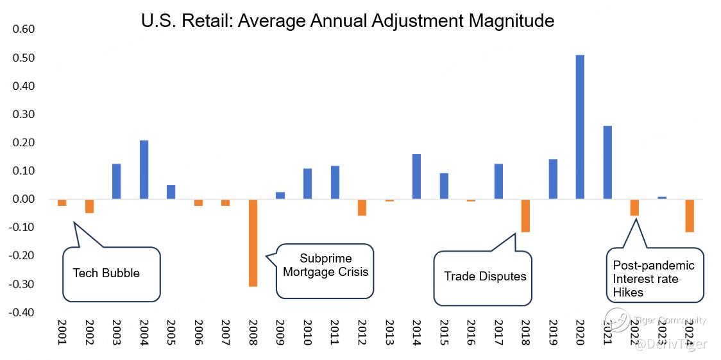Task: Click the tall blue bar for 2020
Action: click(580, 127)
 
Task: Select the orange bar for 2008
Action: click(253, 243)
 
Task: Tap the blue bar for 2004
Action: click(144, 169)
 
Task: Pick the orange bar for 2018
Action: click(525, 216)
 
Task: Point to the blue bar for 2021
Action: click(607, 162)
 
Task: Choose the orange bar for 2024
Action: click(690, 216)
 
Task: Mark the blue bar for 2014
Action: click(416, 176)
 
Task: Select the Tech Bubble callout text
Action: click(106, 273)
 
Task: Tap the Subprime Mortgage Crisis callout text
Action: click(326, 265)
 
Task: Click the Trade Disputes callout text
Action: click(485, 277)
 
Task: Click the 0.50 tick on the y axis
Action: click(24, 58)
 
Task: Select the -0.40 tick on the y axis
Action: click(23, 313)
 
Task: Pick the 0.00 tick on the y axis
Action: click(24, 199)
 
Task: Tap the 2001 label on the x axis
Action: click(62, 332)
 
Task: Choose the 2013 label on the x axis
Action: click(389, 332)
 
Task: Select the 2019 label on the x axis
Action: click(553, 332)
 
